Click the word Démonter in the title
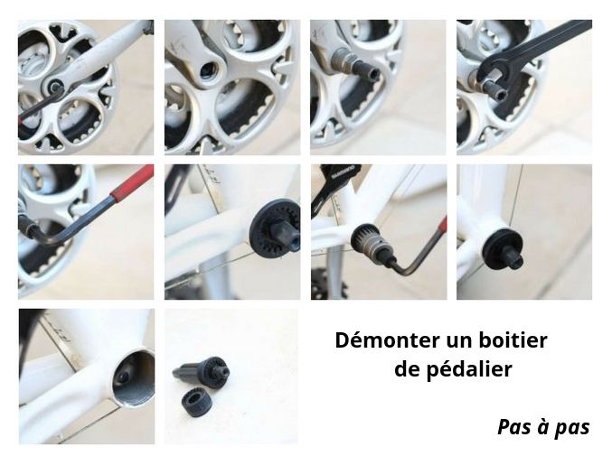click(387, 339)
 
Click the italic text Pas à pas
click(543, 427)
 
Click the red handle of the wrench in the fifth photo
click(132, 181)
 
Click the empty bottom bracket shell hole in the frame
click(134, 377)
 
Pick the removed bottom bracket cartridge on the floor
click(202, 371)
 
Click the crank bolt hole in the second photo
click(207, 70)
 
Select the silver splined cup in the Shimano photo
click(368, 243)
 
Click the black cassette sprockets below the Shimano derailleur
click(327, 284)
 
